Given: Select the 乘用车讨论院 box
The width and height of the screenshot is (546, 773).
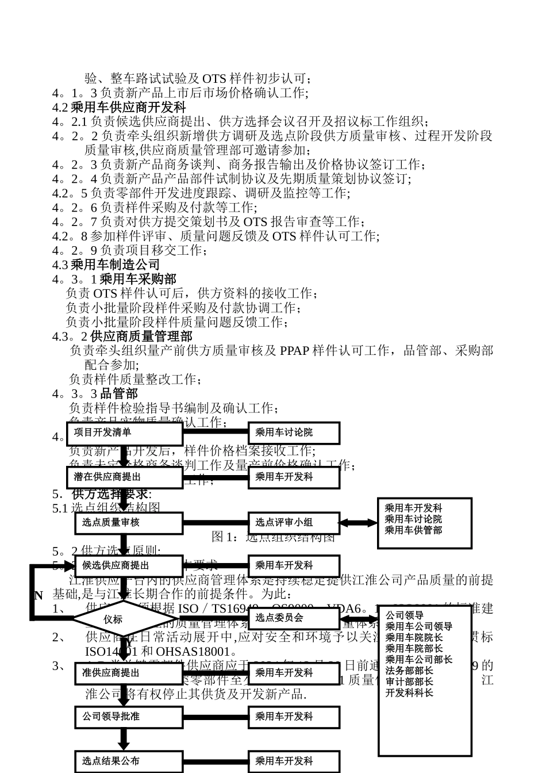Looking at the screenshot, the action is pos(294,433).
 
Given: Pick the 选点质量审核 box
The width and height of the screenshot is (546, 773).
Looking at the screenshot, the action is pos(129,523).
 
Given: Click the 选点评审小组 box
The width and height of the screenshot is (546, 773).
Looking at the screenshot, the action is pos(294,523).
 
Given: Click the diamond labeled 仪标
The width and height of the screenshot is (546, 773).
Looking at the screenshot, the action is pos(113,619).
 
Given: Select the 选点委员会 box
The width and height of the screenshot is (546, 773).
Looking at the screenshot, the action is pos(294,618).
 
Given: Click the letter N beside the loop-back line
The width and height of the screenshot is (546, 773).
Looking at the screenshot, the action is pos(39,595).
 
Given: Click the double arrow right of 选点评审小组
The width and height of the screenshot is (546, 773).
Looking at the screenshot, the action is pos(357,523).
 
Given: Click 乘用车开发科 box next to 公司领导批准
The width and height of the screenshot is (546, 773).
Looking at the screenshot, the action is pos(294,717).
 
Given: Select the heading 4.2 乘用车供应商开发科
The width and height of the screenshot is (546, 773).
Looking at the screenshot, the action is pos(119,107).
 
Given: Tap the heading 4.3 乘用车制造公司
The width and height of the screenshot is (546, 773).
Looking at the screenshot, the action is pos(106,265).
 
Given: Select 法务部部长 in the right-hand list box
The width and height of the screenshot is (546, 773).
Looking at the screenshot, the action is pos(409,671).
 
